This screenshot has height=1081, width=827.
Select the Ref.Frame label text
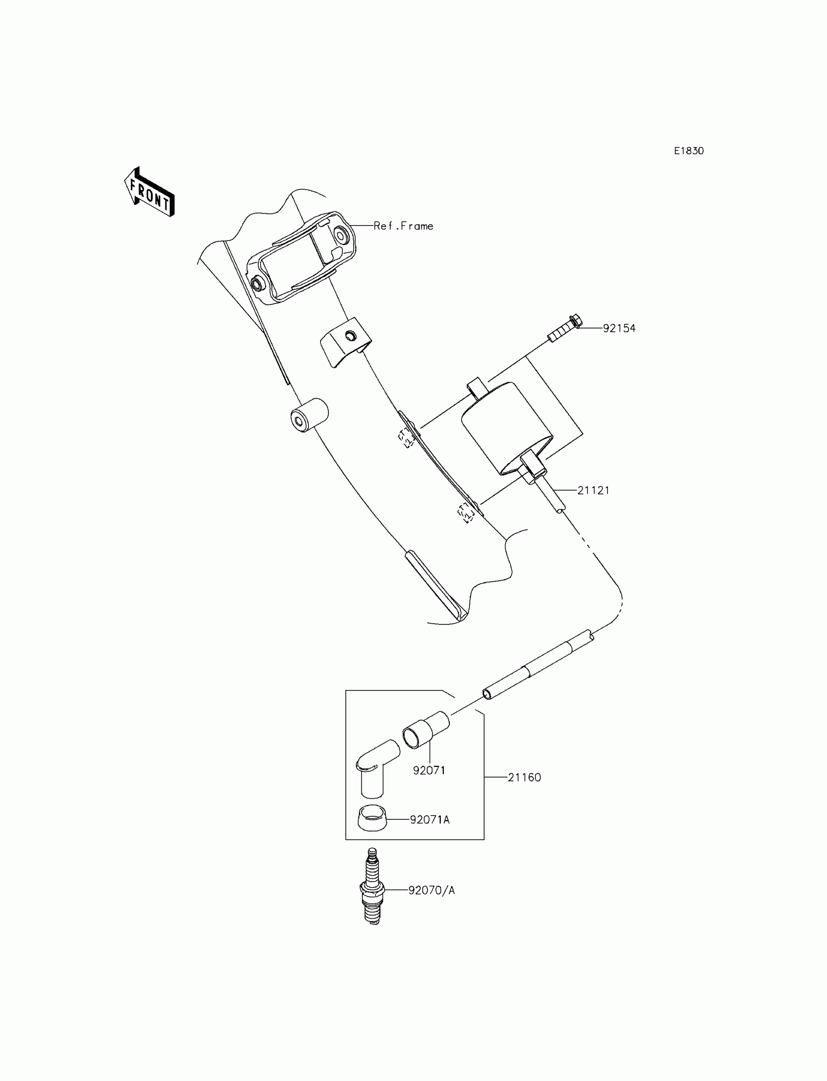coord(403,226)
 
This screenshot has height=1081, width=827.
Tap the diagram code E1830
coord(689,151)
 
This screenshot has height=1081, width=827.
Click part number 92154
coord(619,328)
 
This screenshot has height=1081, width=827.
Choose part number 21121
coord(593,490)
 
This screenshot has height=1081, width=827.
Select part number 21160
coord(524,778)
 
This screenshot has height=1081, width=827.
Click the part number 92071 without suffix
coord(429,771)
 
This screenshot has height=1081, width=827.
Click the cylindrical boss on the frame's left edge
coord(308,416)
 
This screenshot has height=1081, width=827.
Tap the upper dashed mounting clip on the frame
coord(406,438)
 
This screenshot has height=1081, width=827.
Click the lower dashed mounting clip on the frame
coord(466,513)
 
